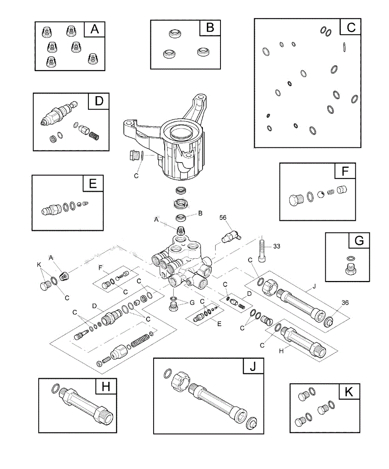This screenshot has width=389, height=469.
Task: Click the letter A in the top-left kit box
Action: [x=95, y=30]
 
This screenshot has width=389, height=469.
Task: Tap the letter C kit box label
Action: [x=351, y=27]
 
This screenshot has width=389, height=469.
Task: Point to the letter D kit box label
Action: [x=99, y=101]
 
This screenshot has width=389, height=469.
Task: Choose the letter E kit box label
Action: [x=93, y=183]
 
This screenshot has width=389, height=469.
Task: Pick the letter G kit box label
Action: [x=359, y=240]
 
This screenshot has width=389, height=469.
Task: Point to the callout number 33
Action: [x=276, y=247]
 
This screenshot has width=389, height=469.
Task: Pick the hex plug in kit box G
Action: [x=351, y=269]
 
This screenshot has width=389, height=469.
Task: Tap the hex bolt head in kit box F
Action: [x=296, y=200]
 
